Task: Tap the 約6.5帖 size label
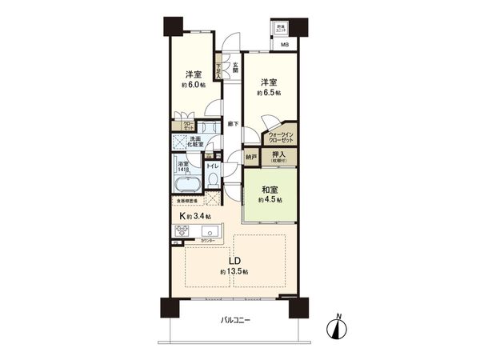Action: point(269,93)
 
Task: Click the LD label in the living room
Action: point(235,262)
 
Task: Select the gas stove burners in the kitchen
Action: point(181,233)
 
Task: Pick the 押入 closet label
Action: point(279,155)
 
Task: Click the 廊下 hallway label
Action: point(232,123)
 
